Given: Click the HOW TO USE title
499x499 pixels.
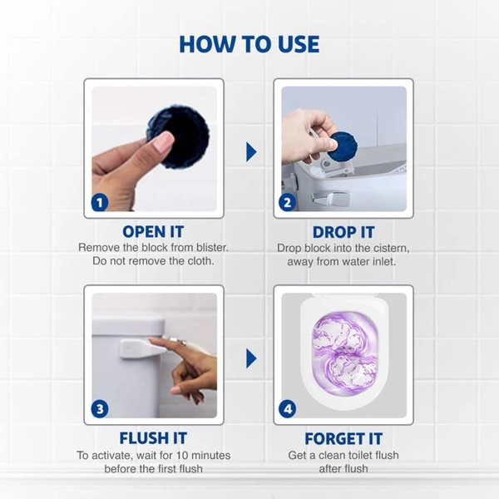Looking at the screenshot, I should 249,43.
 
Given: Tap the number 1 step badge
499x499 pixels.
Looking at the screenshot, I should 100,202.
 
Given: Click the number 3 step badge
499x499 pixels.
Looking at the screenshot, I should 100,408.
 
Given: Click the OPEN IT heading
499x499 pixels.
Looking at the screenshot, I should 153,232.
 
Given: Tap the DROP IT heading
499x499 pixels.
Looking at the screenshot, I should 343,232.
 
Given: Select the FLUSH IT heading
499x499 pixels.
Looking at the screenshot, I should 153,438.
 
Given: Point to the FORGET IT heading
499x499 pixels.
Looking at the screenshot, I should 343,438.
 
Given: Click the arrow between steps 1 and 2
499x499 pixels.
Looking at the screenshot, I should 250,151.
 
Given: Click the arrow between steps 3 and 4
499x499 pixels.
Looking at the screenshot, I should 250,358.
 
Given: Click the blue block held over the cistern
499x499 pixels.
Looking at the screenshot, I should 341,145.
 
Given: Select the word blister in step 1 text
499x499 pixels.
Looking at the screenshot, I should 207,248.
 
